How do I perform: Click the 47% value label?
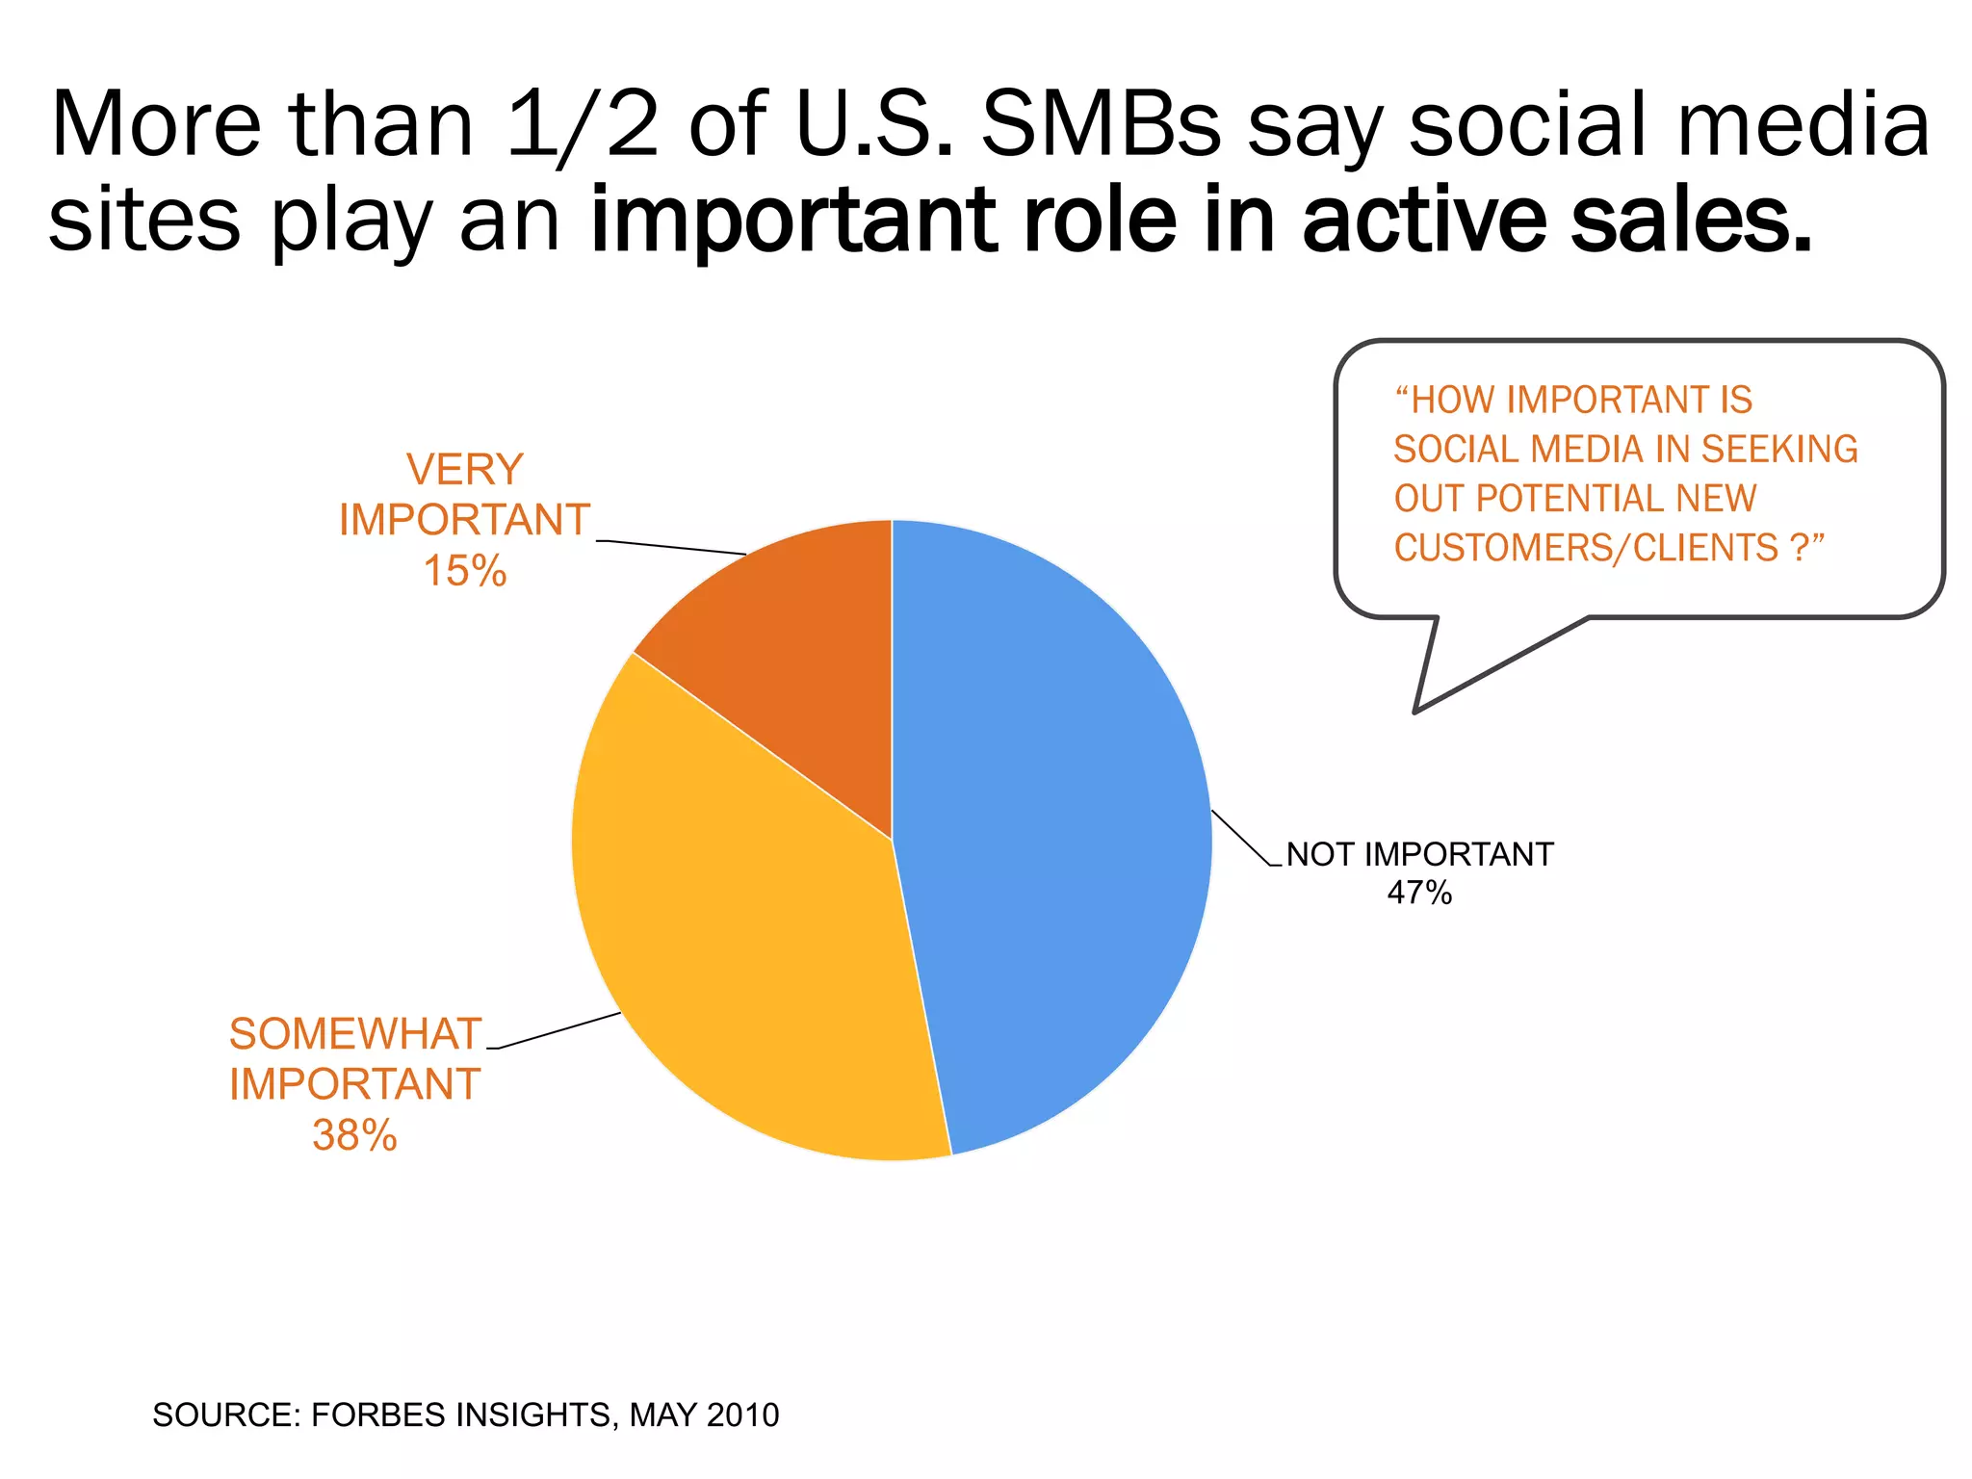tap(1419, 894)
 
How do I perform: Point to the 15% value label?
tap(465, 571)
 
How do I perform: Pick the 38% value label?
tap(354, 1135)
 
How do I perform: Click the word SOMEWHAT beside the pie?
tap(354, 1034)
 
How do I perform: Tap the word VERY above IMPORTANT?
tap(465, 470)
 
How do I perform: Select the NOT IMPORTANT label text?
tap(1420, 854)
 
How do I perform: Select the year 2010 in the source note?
tap(742, 1414)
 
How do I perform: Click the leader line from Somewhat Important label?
tap(558, 1030)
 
